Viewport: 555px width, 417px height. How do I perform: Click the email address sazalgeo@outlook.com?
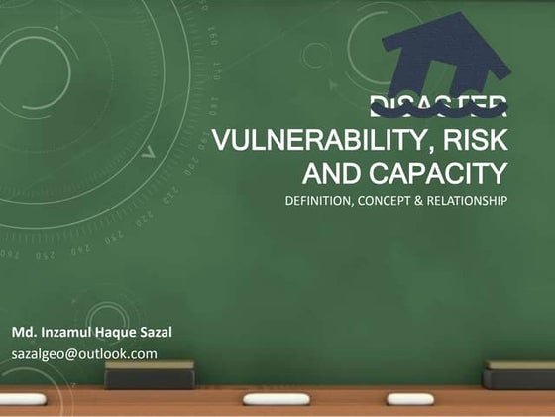[84, 353]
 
